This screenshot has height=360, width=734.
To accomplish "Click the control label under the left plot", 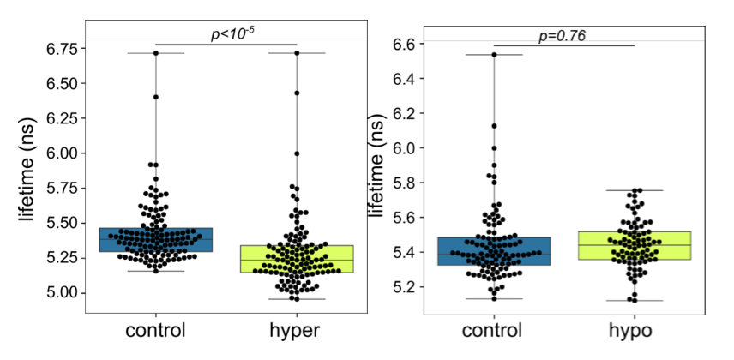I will (x=156, y=330).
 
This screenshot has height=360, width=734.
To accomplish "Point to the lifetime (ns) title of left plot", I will (x=27, y=171).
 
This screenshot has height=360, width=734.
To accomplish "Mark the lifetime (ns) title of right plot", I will (x=376, y=171).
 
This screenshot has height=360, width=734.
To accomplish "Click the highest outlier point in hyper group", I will (x=297, y=53).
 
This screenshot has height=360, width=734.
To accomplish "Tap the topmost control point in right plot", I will (x=495, y=55).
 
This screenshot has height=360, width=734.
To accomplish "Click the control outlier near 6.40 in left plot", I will (x=156, y=97).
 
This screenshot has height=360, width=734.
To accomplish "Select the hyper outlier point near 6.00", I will (x=297, y=153).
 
